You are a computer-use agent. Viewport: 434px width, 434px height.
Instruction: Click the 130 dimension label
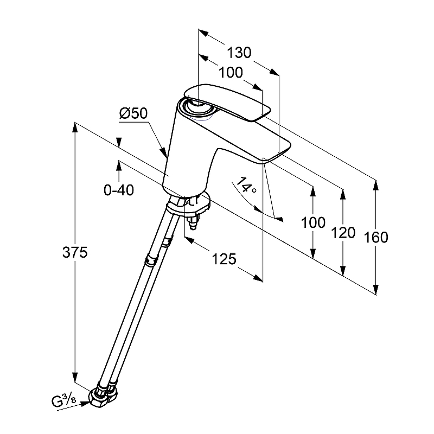(239, 53)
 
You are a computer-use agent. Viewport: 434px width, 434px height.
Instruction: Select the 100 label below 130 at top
(231, 73)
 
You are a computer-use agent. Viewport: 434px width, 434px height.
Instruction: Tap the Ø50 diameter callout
(133, 113)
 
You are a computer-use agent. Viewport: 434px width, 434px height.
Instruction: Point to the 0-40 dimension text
(119, 190)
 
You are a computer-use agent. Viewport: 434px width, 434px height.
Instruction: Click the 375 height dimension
(75, 252)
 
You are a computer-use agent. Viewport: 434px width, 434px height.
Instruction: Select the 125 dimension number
(224, 259)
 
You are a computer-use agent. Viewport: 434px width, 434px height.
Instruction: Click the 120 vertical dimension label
(343, 233)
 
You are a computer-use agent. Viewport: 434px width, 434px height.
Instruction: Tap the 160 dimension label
(376, 238)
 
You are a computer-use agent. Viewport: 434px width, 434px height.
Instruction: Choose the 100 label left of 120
(313, 222)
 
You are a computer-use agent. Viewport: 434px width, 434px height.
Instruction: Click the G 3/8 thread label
(63, 401)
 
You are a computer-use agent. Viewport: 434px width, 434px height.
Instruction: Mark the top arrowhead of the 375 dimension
(74, 127)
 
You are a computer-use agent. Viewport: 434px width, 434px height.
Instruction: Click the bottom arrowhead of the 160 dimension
(375, 290)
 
